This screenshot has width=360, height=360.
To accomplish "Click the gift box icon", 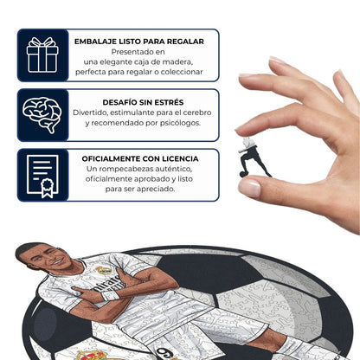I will pyautogui.click(x=42, y=55).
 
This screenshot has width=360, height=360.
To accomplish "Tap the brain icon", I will pyautogui.click(x=42, y=115).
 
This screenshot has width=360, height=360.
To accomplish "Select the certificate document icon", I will pyautogui.click(x=42, y=175).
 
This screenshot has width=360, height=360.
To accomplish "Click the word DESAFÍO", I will pyautogui.click(x=123, y=101).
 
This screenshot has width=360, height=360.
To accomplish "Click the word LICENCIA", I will pyautogui.click(x=177, y=158).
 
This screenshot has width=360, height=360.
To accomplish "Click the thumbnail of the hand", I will pyautogui.click(x=249, y=185).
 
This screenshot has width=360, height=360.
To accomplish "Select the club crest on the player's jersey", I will pyautogui.click(x=105, y=270).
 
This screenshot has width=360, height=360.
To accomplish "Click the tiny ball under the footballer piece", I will pyautogui.click(x=243, y=175).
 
